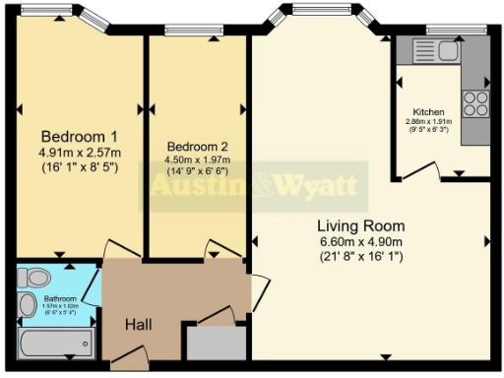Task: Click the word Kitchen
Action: (428, 112)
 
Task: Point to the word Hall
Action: (138, 324)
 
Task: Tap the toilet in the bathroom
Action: (31, 276)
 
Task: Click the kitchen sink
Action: (448, 49)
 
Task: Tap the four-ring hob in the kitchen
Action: (475, 103)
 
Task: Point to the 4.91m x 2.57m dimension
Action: (79, 154)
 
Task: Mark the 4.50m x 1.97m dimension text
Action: (197, 159)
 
